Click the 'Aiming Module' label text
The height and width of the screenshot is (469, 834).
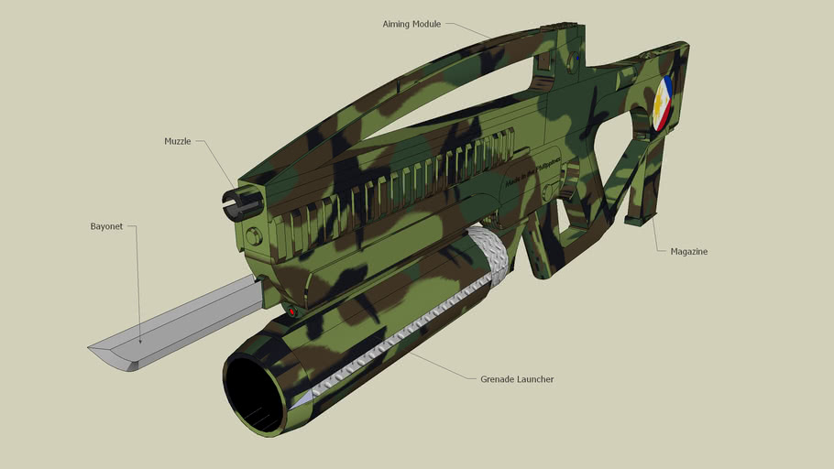point(412,23)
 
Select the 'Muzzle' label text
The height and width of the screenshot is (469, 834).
point(177,141)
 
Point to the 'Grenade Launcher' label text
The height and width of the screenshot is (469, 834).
point(516,378)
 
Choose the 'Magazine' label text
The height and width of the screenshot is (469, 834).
point(688,251)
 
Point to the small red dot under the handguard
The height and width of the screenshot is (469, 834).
point(292,312)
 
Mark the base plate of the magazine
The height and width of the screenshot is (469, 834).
point(640,220)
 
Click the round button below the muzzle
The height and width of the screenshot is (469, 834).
point(254,236)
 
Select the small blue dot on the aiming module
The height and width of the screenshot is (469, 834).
point(578,59)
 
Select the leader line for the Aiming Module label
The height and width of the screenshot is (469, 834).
point(467,29)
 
